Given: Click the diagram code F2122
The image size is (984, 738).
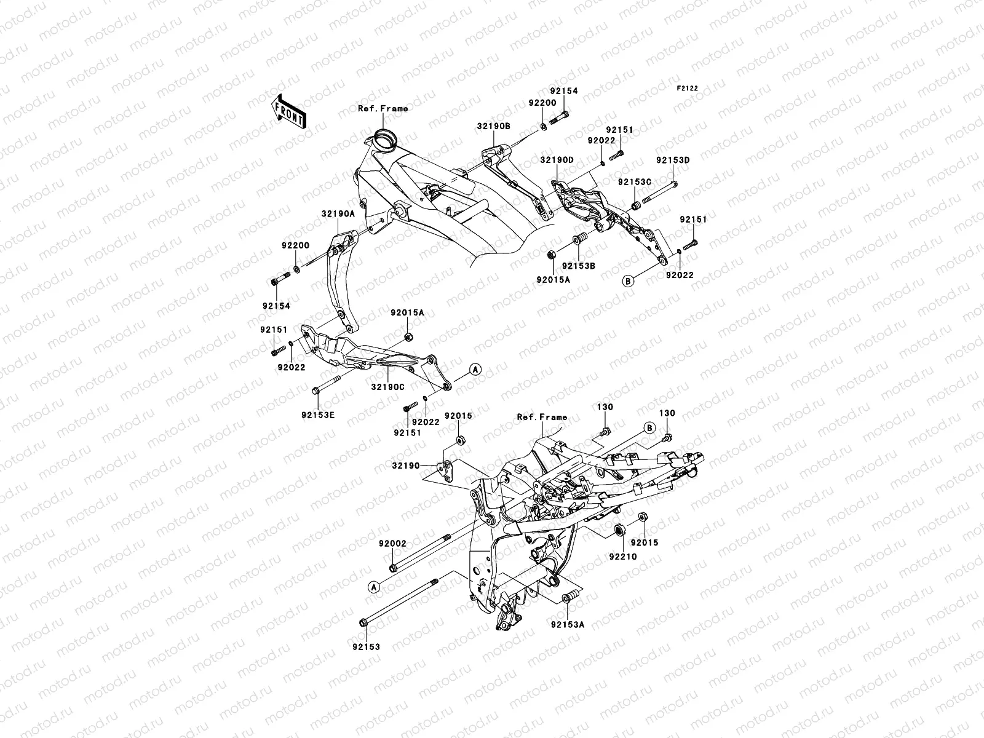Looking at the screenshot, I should pyautogui.click(x=688, y=89).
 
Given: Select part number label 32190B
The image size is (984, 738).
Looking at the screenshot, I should pyautogui.click(x=493, y=125).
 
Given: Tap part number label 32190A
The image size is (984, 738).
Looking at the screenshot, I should pyautogui.click(x=338, y=214).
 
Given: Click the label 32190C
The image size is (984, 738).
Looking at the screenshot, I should pyautogui.click(x=387, y=387).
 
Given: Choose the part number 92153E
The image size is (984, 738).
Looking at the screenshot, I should pyautogui.click(x=318, y=415).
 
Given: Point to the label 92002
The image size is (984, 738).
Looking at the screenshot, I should pyautogui.click(x=392, y=544).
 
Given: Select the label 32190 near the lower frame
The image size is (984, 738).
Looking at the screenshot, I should pyautogui.click(x=406, y=466).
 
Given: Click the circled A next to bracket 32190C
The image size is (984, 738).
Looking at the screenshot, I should pyautogui.click(x=475, y=369).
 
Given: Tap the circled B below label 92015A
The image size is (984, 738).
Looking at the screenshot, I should pyautogui.click(x=627, y=281).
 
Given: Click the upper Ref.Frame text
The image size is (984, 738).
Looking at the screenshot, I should pyautogui.click(x=400, y=109).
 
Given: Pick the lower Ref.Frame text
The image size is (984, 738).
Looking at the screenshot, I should pyautogui.click(x=542, y=417).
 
